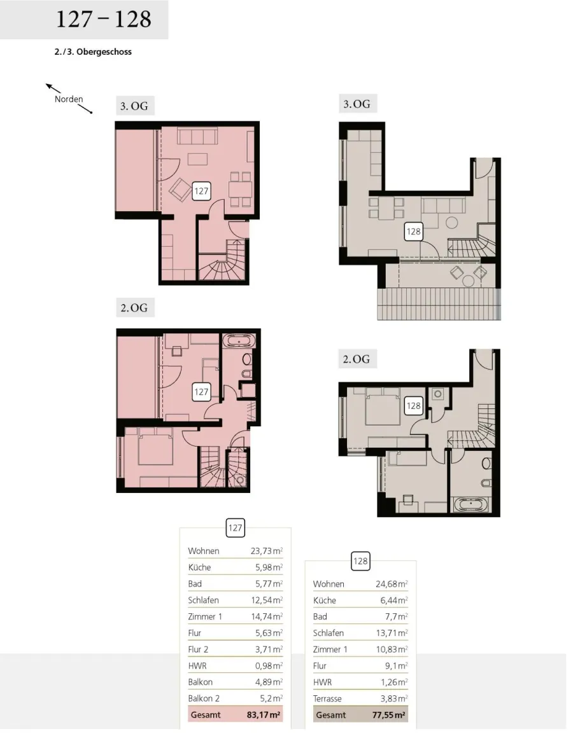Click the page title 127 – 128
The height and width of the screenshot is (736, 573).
103,19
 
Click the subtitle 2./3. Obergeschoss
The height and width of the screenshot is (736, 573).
93,52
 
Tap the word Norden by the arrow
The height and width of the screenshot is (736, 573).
69,99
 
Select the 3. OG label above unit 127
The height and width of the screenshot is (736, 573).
134,106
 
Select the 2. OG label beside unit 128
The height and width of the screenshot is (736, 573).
357,359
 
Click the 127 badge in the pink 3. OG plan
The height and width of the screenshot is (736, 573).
201,191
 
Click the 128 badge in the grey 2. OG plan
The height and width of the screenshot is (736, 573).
413,406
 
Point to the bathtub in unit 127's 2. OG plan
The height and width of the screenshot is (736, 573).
238,340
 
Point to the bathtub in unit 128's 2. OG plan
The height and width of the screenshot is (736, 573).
470,505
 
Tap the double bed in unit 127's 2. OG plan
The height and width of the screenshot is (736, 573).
155,448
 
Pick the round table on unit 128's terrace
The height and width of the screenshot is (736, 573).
468,281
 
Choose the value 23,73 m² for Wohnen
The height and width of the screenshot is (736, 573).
267,551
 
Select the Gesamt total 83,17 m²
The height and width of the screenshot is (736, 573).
264,715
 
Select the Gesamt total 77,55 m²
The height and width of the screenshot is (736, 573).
388,715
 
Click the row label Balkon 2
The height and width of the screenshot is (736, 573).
204,698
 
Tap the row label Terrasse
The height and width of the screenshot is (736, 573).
327,698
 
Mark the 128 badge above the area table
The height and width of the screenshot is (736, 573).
360,561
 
